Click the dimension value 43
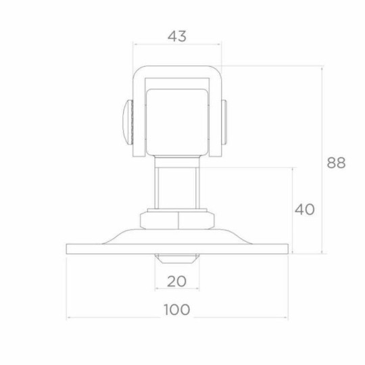(x=177, y=36)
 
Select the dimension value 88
(x=336, y=163)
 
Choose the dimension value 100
(x=177, y=310)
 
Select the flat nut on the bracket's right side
(x=225, y=123)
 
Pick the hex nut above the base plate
(x=177, y=218)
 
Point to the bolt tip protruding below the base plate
(x=177, y=259)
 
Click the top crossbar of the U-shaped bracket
(x=177, y=72)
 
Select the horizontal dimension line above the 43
(x=177, y=45)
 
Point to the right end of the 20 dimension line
(x=199, y=288)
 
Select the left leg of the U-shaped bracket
(x=137, y=115)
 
